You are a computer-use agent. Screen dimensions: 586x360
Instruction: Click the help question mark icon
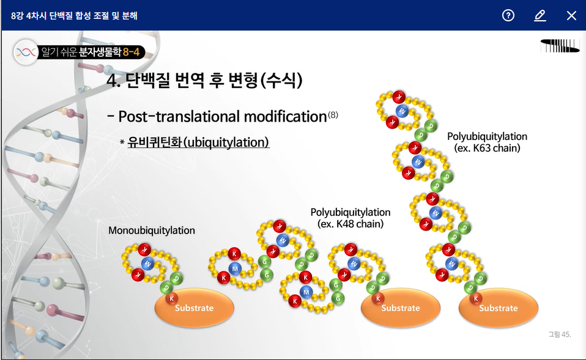click(508, 15)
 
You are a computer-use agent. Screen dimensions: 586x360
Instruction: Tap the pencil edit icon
click(540, 15)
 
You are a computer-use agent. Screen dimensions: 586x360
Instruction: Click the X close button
click(571, 15)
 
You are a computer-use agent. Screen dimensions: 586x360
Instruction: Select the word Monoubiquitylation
click(152, 230)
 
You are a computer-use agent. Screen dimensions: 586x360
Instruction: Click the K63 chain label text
click(488, 142)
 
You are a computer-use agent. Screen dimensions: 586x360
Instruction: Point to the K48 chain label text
click(350, 218)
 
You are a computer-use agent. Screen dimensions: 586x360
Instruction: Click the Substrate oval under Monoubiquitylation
click(195, 307)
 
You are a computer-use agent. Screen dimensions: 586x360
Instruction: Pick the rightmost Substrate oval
click(499, 307)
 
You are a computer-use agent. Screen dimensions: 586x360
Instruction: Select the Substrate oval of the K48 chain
click(401, 307)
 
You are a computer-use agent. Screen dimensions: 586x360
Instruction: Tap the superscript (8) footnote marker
click(333, 115)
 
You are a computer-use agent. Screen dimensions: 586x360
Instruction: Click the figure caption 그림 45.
click(560, 334)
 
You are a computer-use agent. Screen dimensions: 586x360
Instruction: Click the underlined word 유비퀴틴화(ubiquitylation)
click(198, 142)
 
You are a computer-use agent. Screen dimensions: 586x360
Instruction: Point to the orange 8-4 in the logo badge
click(131, 52)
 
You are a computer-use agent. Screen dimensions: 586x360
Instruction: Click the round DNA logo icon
click(26, 53)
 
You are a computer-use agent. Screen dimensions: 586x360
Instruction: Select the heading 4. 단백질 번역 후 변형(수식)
click(204, 80)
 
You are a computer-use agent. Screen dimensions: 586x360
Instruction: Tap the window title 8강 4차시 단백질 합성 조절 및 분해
click(75, 16)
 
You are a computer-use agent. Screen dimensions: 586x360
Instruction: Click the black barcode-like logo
click(560, 46)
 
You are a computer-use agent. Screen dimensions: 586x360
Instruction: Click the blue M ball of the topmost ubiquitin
click(402, 111)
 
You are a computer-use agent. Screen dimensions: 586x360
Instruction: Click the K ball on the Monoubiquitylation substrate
click(172, 298)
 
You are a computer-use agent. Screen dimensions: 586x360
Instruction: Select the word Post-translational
click(180, 117)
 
